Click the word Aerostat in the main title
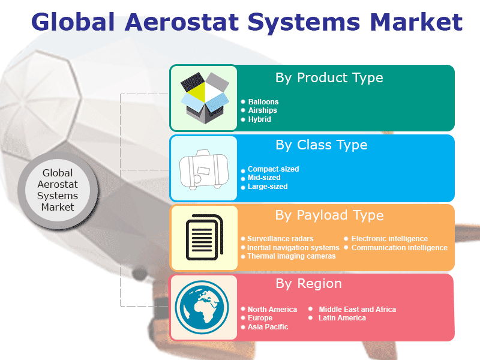[x=182, y=22]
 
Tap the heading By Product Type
[x=329, y=78]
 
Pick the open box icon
[x=205, y=98]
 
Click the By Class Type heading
[x=322, y=145]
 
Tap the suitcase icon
[x=204, y=170]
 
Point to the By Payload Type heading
[x=329, y=215]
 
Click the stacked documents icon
[x=205, y=237]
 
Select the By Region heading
[x=308, y=283]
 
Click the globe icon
[x=202, y=307]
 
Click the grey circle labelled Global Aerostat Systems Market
[x=58, y=190]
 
